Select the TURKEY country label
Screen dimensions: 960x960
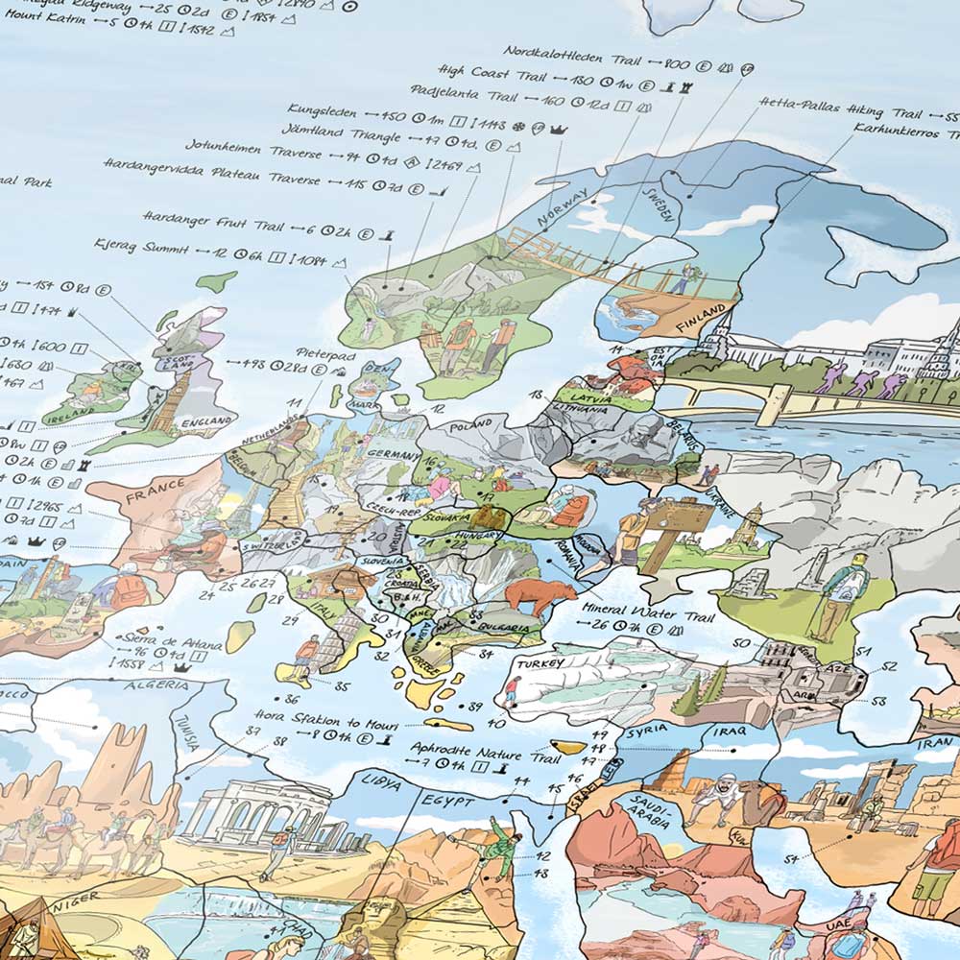click(x=537, y=663)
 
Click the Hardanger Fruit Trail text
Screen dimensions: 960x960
click(x=213, y=225)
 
